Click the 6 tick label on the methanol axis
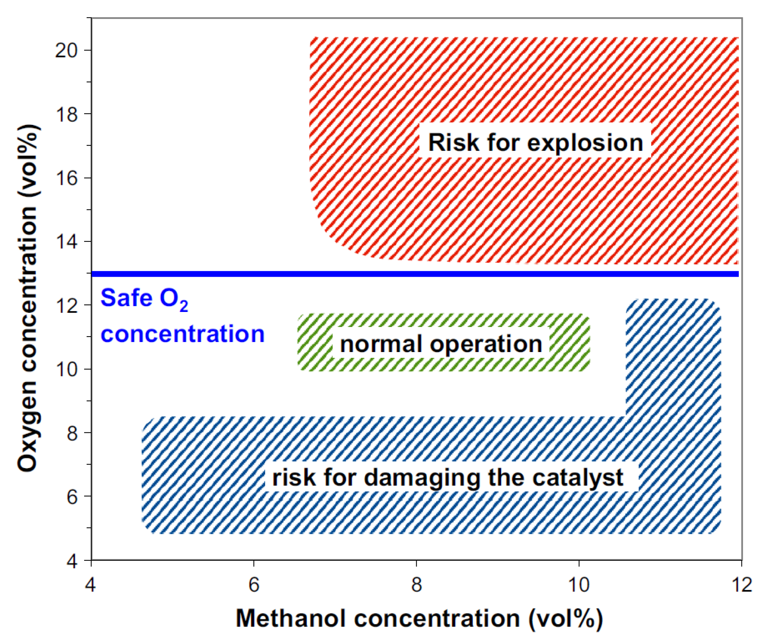click(254, 585)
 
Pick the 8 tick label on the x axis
click(416, 585)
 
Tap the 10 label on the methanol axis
click(579, 585)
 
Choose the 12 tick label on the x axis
click(741, 585)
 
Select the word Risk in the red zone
click(453, 143)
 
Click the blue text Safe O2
click(144, 298)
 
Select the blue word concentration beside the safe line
click(183, 334)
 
